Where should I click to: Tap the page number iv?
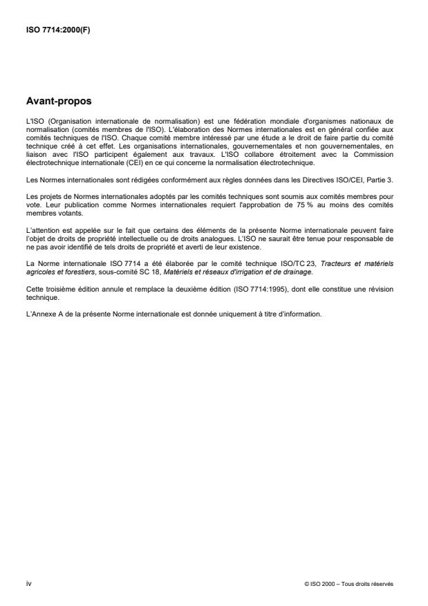click(x=28, y=583)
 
